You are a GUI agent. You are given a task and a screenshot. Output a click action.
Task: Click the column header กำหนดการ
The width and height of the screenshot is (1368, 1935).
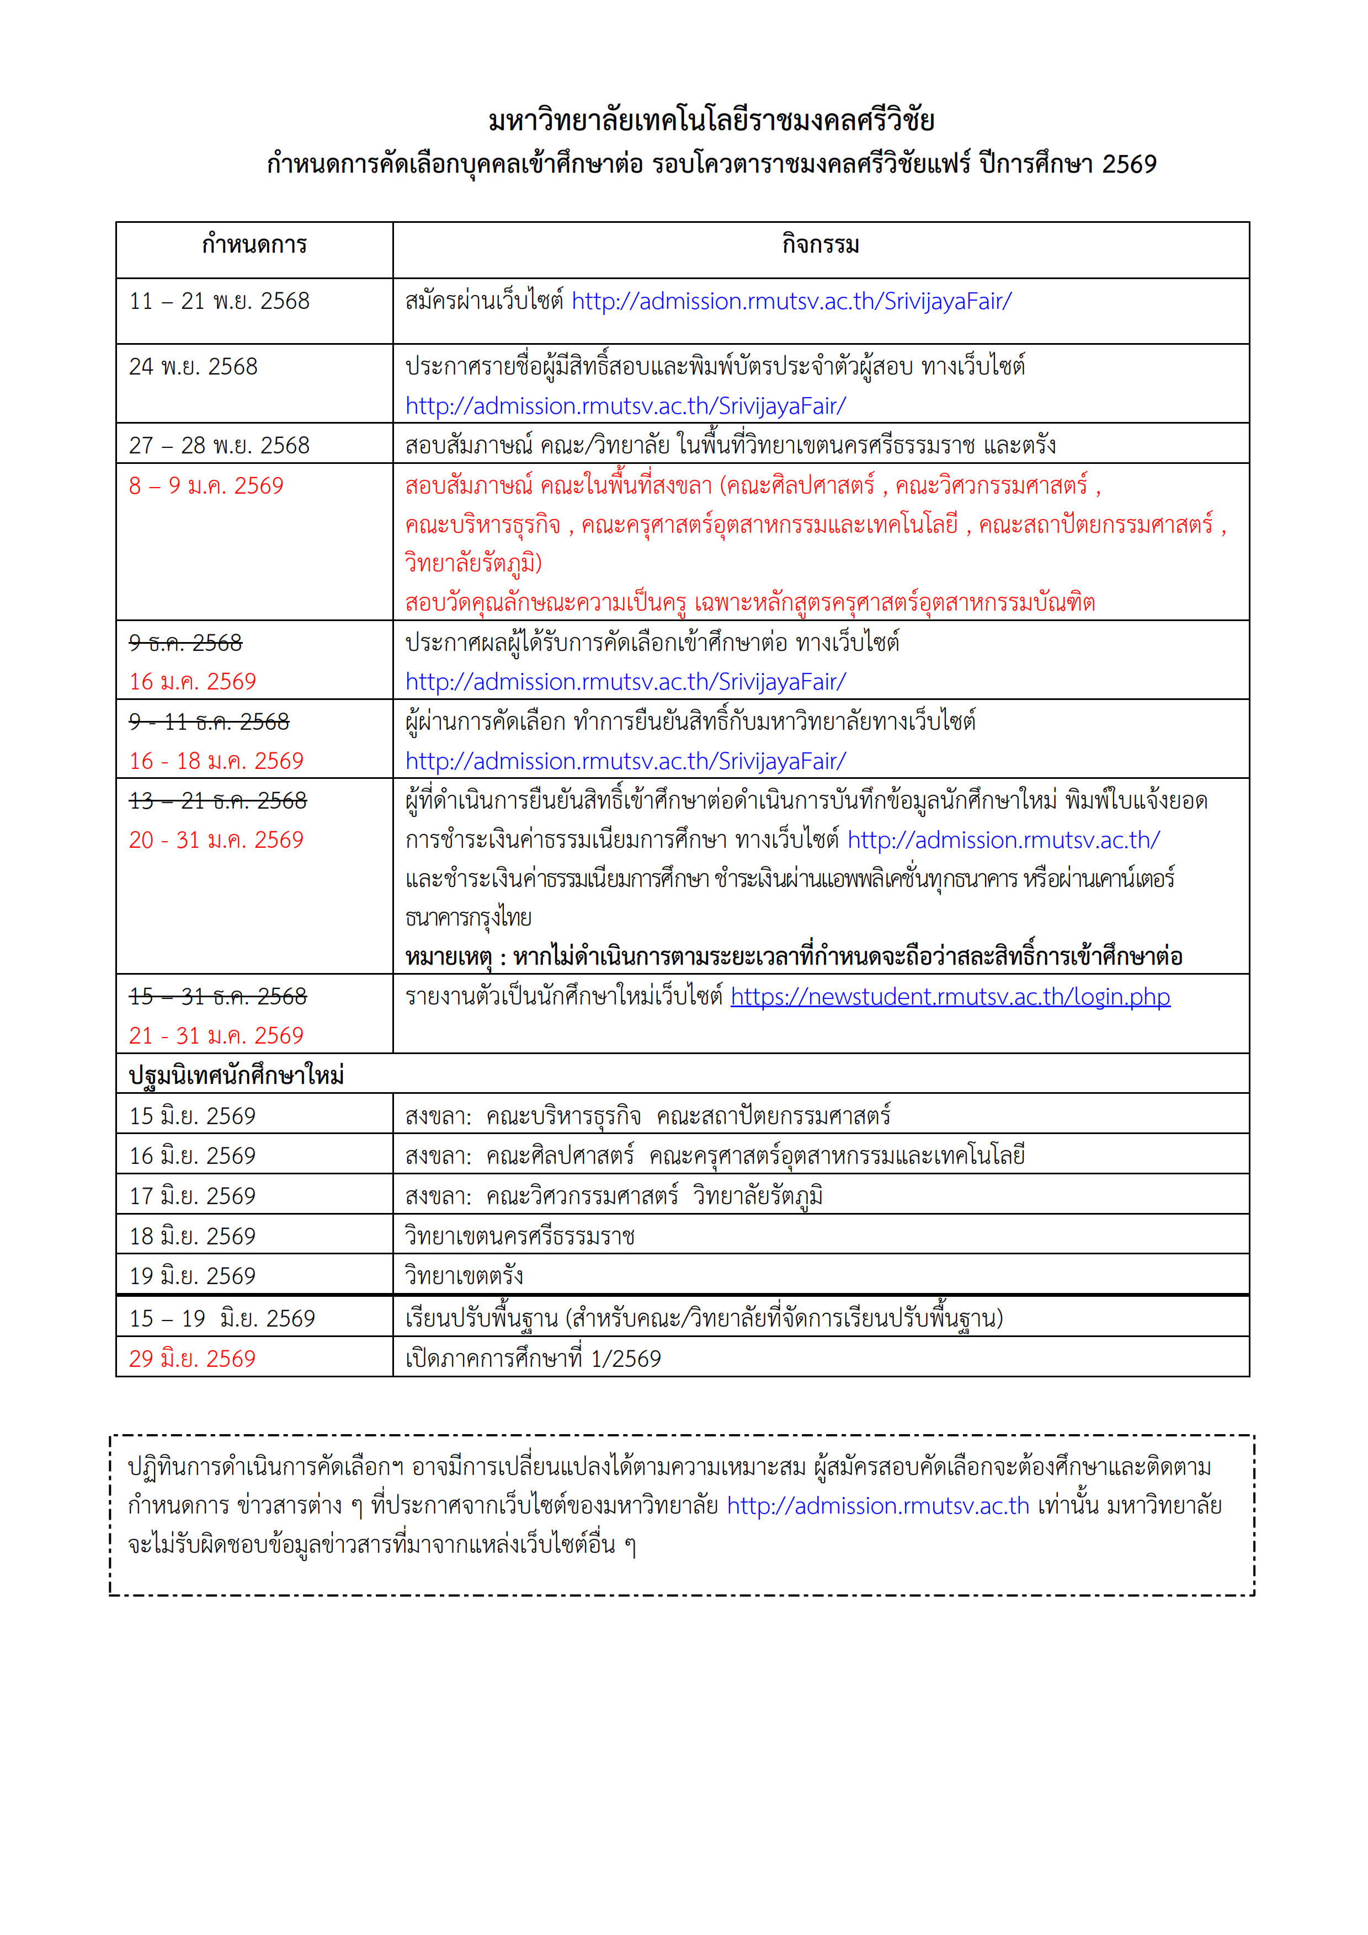254,245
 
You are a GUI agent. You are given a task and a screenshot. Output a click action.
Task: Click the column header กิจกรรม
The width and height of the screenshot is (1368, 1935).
820,245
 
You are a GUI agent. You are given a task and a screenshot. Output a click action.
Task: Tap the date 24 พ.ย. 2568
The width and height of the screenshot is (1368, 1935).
193,367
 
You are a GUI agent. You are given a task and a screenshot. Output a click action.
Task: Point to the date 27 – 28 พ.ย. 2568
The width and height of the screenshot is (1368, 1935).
219,445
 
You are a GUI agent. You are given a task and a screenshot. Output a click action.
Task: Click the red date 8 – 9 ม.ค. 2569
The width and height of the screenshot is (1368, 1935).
206,485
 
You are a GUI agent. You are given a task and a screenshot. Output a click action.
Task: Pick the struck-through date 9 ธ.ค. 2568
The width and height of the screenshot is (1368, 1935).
185,643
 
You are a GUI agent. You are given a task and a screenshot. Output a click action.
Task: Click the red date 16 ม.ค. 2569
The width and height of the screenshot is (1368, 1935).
192,682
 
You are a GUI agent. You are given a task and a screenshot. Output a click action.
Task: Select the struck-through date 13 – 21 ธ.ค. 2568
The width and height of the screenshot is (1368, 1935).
217,800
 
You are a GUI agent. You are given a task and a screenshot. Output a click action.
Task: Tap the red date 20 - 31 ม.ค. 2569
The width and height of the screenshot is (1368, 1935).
216,840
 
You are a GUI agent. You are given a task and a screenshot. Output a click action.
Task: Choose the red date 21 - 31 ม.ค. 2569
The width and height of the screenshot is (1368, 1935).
216,1036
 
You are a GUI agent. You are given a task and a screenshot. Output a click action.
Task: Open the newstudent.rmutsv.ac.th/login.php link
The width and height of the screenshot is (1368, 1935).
950,997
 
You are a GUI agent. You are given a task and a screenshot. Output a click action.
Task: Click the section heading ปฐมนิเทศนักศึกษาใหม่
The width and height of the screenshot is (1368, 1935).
236,1076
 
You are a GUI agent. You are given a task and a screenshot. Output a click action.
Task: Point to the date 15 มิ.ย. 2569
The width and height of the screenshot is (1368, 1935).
192,1116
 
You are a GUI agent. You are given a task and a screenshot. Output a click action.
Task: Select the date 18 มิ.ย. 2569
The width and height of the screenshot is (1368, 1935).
192,1236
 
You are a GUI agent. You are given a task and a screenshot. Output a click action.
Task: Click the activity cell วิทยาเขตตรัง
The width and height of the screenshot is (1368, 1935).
464,1276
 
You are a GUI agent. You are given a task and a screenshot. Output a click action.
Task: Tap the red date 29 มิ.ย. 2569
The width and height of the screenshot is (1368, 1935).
192,1359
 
